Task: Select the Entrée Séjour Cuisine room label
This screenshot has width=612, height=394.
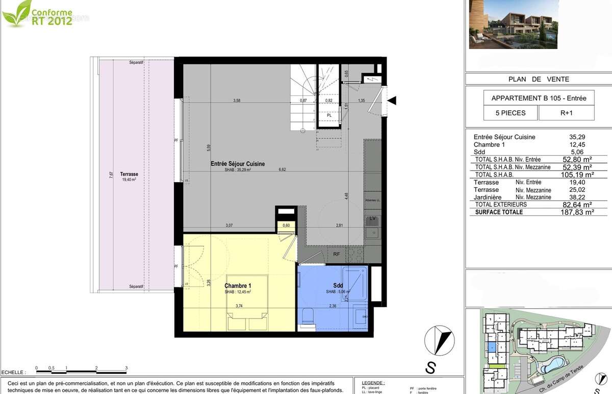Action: [238, 164]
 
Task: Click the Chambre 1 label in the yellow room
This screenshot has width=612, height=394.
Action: [238, 286]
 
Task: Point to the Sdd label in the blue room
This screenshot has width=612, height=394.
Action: [339, 286]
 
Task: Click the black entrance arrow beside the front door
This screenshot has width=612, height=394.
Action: [392, 102]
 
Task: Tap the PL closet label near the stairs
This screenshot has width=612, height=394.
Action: [329, 115]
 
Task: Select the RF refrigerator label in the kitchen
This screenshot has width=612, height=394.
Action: [337, 254]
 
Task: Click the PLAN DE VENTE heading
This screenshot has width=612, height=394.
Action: [539, 79]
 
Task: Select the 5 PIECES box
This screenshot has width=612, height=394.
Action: [510, 113]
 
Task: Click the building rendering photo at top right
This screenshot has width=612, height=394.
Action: [539, 24]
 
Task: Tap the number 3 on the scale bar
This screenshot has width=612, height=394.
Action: [126, 367]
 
